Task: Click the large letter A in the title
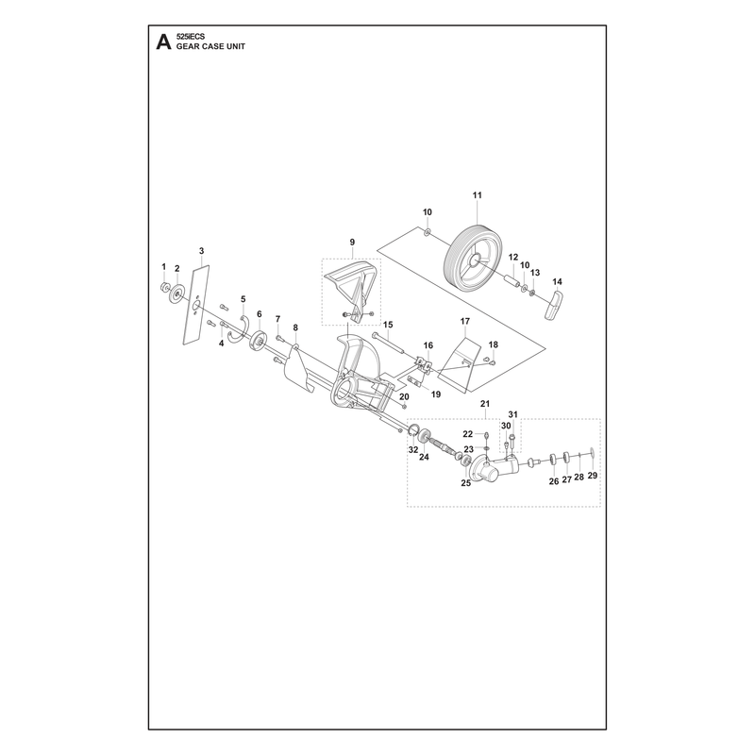click(163, 42)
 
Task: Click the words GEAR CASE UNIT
click(210, 46)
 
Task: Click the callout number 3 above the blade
click(201, 251)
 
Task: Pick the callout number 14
click(557, 281)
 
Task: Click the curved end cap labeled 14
click(554, 304)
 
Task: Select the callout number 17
click(464, 321)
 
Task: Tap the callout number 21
click(485, 403)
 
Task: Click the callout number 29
click(593, 476)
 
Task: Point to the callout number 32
click(413, 450)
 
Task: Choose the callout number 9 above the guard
click(352, 242)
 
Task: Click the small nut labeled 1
click(164, 287)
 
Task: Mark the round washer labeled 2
click(176, 294)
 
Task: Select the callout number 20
click(404, 396)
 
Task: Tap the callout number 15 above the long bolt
click(388, 325)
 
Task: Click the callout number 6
click(259, 314)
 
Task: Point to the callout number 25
click(465, 483)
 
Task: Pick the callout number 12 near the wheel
click(512, 257)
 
